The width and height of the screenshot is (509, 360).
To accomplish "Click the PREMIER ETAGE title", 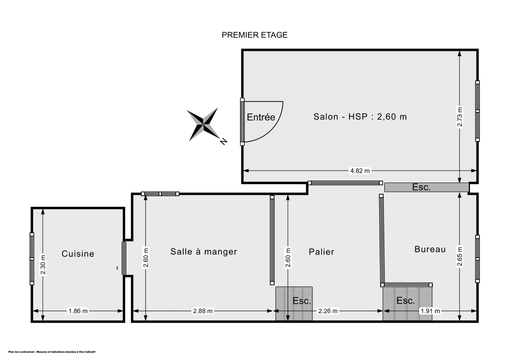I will pyautogui.click(x=255, y=35).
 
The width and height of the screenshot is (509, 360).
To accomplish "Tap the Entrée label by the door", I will pyautogui.click(x=261, y=118).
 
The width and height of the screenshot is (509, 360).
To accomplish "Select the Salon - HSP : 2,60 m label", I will pyautogui.click(x=360, y=117).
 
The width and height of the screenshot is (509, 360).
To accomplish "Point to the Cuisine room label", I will pyautogui.click(x=78, y=254).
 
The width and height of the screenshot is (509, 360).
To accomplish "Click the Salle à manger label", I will pyautogui.click(x=204, y=251).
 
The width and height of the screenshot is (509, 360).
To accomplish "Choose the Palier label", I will pyautogui.click(x=322, y=252).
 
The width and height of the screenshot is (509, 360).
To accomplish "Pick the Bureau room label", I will pyautogui.click(x=430, y=249).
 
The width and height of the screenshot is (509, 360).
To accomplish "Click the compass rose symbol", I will pyautogui.click(x=203, y=124).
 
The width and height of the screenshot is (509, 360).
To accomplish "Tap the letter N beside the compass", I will pyautogui.click(x=223, y=142).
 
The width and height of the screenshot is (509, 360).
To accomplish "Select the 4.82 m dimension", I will pyautogui.click(x=360, y=171).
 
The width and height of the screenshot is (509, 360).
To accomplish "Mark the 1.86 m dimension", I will pyautogui.click(x=78, y=311).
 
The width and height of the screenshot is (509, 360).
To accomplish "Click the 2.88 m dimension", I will pyautogui.click(x=203, y=311).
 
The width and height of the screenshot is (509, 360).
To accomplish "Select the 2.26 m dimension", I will pyautogui.click(x=328, y=311).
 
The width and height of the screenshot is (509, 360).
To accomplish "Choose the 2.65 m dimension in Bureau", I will pyautogui.click(x=460, y=256).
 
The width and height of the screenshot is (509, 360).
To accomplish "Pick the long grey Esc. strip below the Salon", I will pyautogui.click(x=426, y=187).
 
